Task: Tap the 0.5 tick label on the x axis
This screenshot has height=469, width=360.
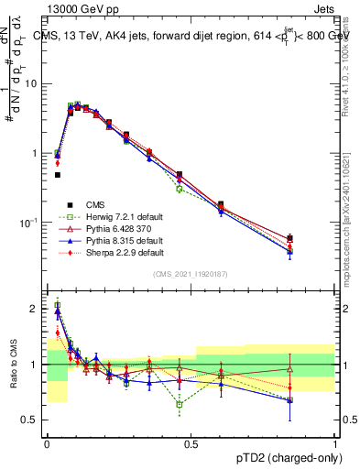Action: pos(190,443)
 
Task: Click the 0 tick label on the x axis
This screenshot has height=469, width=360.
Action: pos(46,443)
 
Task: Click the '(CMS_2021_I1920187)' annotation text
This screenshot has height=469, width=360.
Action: pos(190,274)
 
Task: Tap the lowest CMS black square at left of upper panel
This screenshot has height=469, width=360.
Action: pos(57,174)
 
